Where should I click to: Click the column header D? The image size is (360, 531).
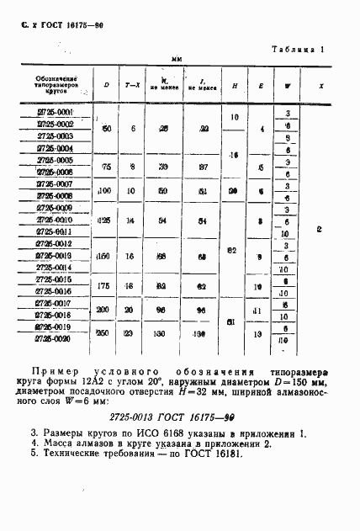(106, 84)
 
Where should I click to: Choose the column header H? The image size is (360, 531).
(233, 85)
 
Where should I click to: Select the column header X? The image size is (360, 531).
(322, 85)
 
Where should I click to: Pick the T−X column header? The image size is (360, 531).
(132, 85)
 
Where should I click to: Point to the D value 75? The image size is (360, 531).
(106, 167)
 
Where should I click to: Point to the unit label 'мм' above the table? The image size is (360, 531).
(177, 59)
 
